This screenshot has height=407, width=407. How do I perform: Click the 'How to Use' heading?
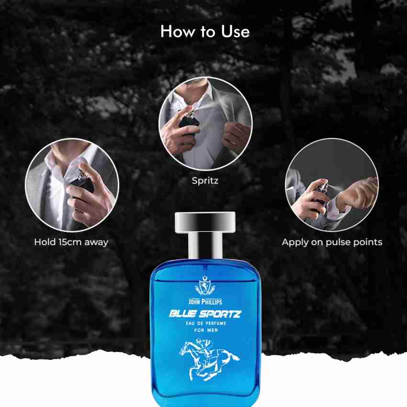[x=205, y=32]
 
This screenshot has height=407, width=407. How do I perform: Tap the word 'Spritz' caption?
[x=205, y=181]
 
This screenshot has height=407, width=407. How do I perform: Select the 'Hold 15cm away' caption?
[x=71, y=242]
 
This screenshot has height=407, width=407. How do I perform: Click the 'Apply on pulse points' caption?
[x=332, y=242]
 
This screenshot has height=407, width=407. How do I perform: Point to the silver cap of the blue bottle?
[x=203, y=221]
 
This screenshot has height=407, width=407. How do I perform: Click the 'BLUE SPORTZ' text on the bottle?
[x=205, y=314]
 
